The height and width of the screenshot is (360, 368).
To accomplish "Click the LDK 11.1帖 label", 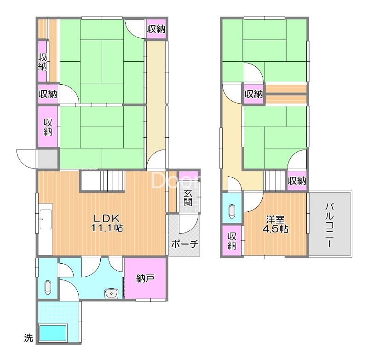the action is click(x=107, y=223).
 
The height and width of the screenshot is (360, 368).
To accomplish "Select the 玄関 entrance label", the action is click(x=188, y=197).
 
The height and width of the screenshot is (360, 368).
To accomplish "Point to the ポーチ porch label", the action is click(x=185, y=244).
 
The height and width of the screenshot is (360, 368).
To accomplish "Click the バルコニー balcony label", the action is click(x=330, y=226).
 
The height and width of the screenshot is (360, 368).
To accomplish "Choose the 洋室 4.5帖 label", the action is click(x=275, y=224).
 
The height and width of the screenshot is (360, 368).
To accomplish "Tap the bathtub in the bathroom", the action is click(x=53, y=333).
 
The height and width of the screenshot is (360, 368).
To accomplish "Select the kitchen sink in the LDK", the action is click(x=45, y=219).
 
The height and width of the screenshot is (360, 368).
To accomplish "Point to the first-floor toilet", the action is click(x=48, y=287).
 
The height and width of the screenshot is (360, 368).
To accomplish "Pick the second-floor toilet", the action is click(x=232, y=212).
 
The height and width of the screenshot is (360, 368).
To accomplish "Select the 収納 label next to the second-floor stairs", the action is click(x=297, y=181).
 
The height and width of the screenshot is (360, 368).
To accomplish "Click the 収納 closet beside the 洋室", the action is click(x=232, y=240).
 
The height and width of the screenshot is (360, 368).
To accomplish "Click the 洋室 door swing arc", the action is click(x=254, y=202).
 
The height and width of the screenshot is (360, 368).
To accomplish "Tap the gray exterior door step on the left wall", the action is click(x=48, y=158).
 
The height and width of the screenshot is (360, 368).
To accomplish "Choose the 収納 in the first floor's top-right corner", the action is click(x=156, y=29).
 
